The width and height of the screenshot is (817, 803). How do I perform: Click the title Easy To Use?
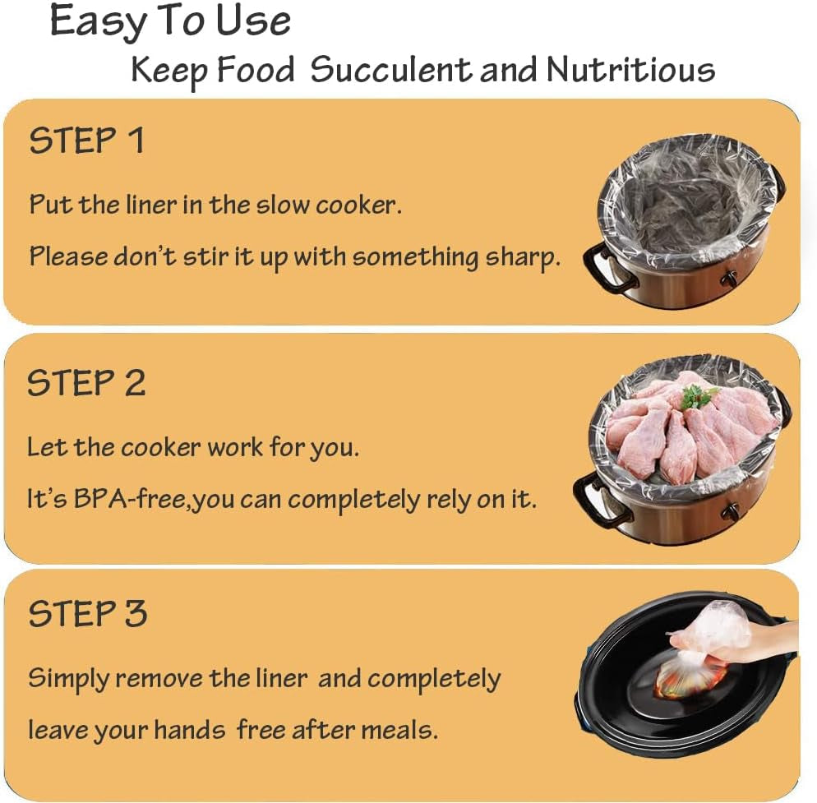click(170, 22)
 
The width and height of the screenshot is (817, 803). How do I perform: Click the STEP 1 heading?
click(87, 141)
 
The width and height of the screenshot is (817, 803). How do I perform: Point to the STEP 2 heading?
click(87, 384)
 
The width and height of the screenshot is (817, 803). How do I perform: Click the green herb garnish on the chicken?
click(698, 397)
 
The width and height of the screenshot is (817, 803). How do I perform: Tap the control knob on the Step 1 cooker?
click(728, 279)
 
